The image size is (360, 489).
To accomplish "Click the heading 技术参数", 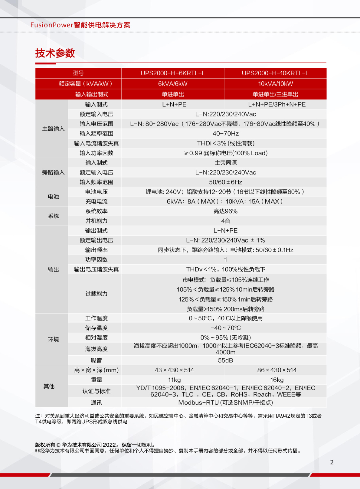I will pos(55,53).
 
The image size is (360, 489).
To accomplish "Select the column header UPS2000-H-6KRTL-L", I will pos(173,73).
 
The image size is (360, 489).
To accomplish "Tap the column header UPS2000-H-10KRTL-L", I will pos(275,73).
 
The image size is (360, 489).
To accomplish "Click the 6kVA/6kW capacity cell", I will pos(173,84).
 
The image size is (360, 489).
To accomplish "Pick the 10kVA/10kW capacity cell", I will pos(275,84).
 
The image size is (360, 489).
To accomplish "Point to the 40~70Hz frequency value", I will pos(225,134).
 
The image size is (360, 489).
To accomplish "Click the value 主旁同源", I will pos(225,163).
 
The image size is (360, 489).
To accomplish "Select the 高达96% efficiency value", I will pos(225,211).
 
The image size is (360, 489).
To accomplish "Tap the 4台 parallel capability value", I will pos(225,221).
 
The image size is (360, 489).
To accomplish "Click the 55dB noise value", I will pos(225,360).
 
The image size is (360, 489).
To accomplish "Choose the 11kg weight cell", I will pos(174,380).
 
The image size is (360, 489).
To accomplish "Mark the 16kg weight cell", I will pos(277,380).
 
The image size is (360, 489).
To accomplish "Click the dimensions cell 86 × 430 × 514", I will pos(277,370).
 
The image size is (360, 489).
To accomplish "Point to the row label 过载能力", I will pos(96,294).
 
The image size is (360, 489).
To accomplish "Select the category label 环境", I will pos(53,339).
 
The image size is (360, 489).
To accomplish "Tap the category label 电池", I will pos(53,197).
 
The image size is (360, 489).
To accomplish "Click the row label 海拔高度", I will pos(96,349).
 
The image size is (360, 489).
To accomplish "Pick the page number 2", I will pos(332,462).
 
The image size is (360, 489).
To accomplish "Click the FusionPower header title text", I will pos(80,25).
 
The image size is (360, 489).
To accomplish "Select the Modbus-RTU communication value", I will pos(225,403).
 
